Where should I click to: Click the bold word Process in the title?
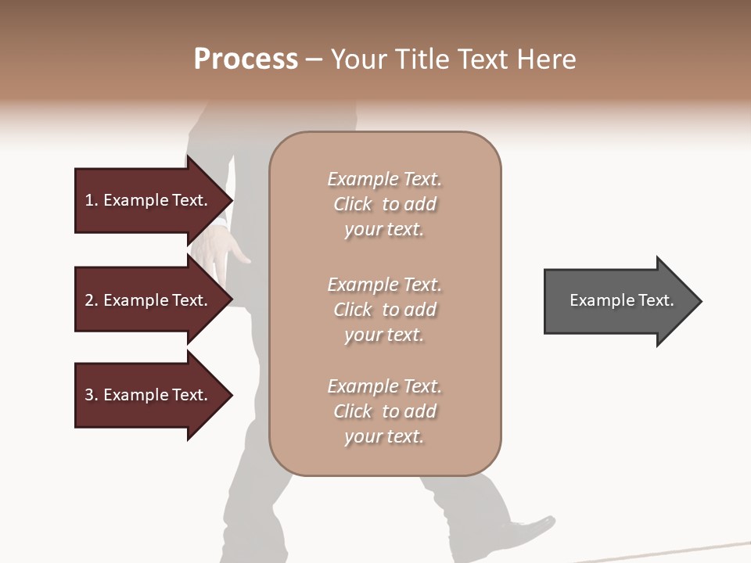246,59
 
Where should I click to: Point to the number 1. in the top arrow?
92,200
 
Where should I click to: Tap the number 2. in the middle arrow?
92,300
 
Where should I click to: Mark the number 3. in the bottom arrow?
92,395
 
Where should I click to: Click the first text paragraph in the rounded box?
384,204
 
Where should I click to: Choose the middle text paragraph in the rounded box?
384,310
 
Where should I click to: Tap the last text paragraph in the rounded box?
384,411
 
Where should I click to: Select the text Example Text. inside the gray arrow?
622,300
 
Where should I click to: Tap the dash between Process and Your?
314,60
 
